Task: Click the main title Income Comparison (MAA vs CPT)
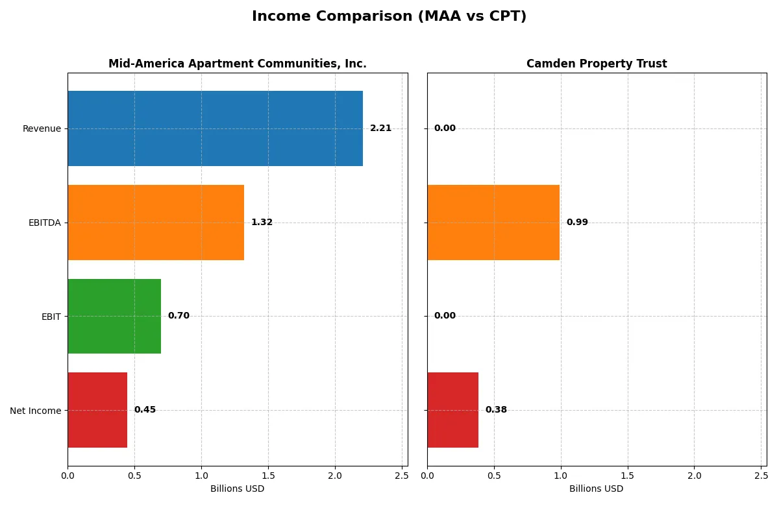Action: click(x=389, y=17)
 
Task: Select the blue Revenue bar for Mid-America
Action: click(x=215, y=128)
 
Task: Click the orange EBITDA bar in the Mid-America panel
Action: click(x=156, y=223)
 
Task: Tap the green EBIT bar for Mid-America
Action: click(x=114, y=316)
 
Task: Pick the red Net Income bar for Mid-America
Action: click(x=97, y=410)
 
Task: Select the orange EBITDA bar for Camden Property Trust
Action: click(x=493, y=223)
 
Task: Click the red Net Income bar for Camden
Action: click(x=452, y=410)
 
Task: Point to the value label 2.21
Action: click(x=380, y=128)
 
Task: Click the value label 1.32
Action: click(x=262, y=223)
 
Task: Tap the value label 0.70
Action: click(x=179, y=316)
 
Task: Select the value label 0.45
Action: click(x=145, y=410)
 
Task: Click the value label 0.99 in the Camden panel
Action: click(x=577, y=223)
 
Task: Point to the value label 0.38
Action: click(x=496, y=410)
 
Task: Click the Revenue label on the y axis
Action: click(x=42, y=128)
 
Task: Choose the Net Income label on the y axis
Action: click(x=36, y=410)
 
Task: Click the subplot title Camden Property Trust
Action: click(x=597, y=64)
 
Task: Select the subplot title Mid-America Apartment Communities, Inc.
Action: click(x=238, y=64)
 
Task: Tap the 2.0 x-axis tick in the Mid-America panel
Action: click(x=335, y=476)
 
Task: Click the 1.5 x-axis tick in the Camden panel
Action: click(x=628, y=476)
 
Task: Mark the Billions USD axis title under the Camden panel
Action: click(x=597, y=489)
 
